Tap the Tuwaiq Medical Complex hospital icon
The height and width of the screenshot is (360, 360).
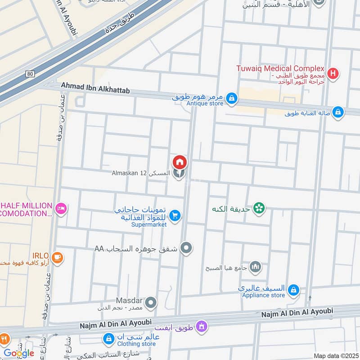(x=333, y=73)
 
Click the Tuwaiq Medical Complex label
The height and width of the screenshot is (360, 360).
(x=280, y=68)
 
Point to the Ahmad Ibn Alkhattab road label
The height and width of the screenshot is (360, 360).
(x=95, y=90)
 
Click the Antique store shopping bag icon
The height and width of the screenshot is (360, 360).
(x=231, y=98)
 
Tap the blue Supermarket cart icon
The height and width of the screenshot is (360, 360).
(x=175, y=216)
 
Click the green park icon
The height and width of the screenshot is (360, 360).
(x=259, y=208)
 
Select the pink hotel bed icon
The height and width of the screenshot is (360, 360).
(x=62, y=208)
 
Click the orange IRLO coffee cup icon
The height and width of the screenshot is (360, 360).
(x=57, y=257)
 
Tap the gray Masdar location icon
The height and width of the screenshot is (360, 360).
(x=151, y=303)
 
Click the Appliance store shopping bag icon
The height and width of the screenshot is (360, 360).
(x=293, y=290)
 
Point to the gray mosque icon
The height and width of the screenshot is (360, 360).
(x=255, y=267)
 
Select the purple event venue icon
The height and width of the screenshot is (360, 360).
(x=202, y=325)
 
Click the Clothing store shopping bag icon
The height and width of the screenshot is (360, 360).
(x=108, y=338)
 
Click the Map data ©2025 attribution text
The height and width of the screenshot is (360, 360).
(x=335, y=356)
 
